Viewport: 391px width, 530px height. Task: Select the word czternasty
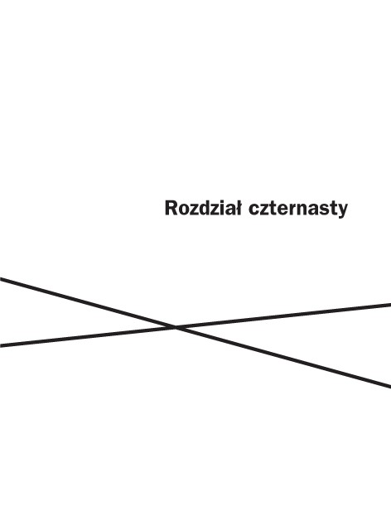(298, 210)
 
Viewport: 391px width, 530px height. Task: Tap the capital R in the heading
(171, 208)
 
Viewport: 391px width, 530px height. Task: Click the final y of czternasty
(343, 212)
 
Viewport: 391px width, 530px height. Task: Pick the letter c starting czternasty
(253, 210)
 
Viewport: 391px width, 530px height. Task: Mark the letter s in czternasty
(326, 210)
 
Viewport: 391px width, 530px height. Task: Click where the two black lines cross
(176, 327)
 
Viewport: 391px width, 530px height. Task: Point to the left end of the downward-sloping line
(0, 279)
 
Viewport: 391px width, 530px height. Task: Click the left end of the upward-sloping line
(0, 345)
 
